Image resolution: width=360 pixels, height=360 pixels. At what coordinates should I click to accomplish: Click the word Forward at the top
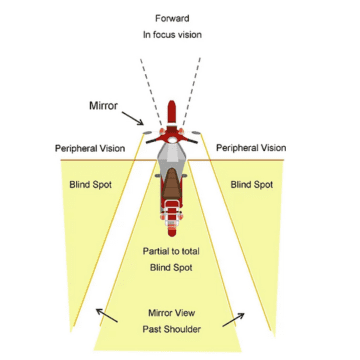pyautogui.click(x=172, y=18)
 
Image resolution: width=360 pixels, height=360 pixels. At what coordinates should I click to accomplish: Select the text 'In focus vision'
pyautogui.click(x=172, y=34)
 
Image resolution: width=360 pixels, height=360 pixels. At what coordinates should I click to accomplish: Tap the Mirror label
pyautogui.click(x=104, y=104)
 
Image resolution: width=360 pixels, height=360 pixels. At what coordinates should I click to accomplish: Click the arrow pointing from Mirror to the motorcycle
pyautogui.click(x=132, y=119)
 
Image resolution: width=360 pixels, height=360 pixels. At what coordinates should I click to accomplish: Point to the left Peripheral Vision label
pyautogui.click(x=90, y=148)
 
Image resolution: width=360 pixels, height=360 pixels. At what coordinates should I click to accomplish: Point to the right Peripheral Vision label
pyautogui.click(x=251, y=148)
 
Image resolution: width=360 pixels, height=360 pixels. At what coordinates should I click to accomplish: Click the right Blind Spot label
pyautogui.click(x=251, y=184)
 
